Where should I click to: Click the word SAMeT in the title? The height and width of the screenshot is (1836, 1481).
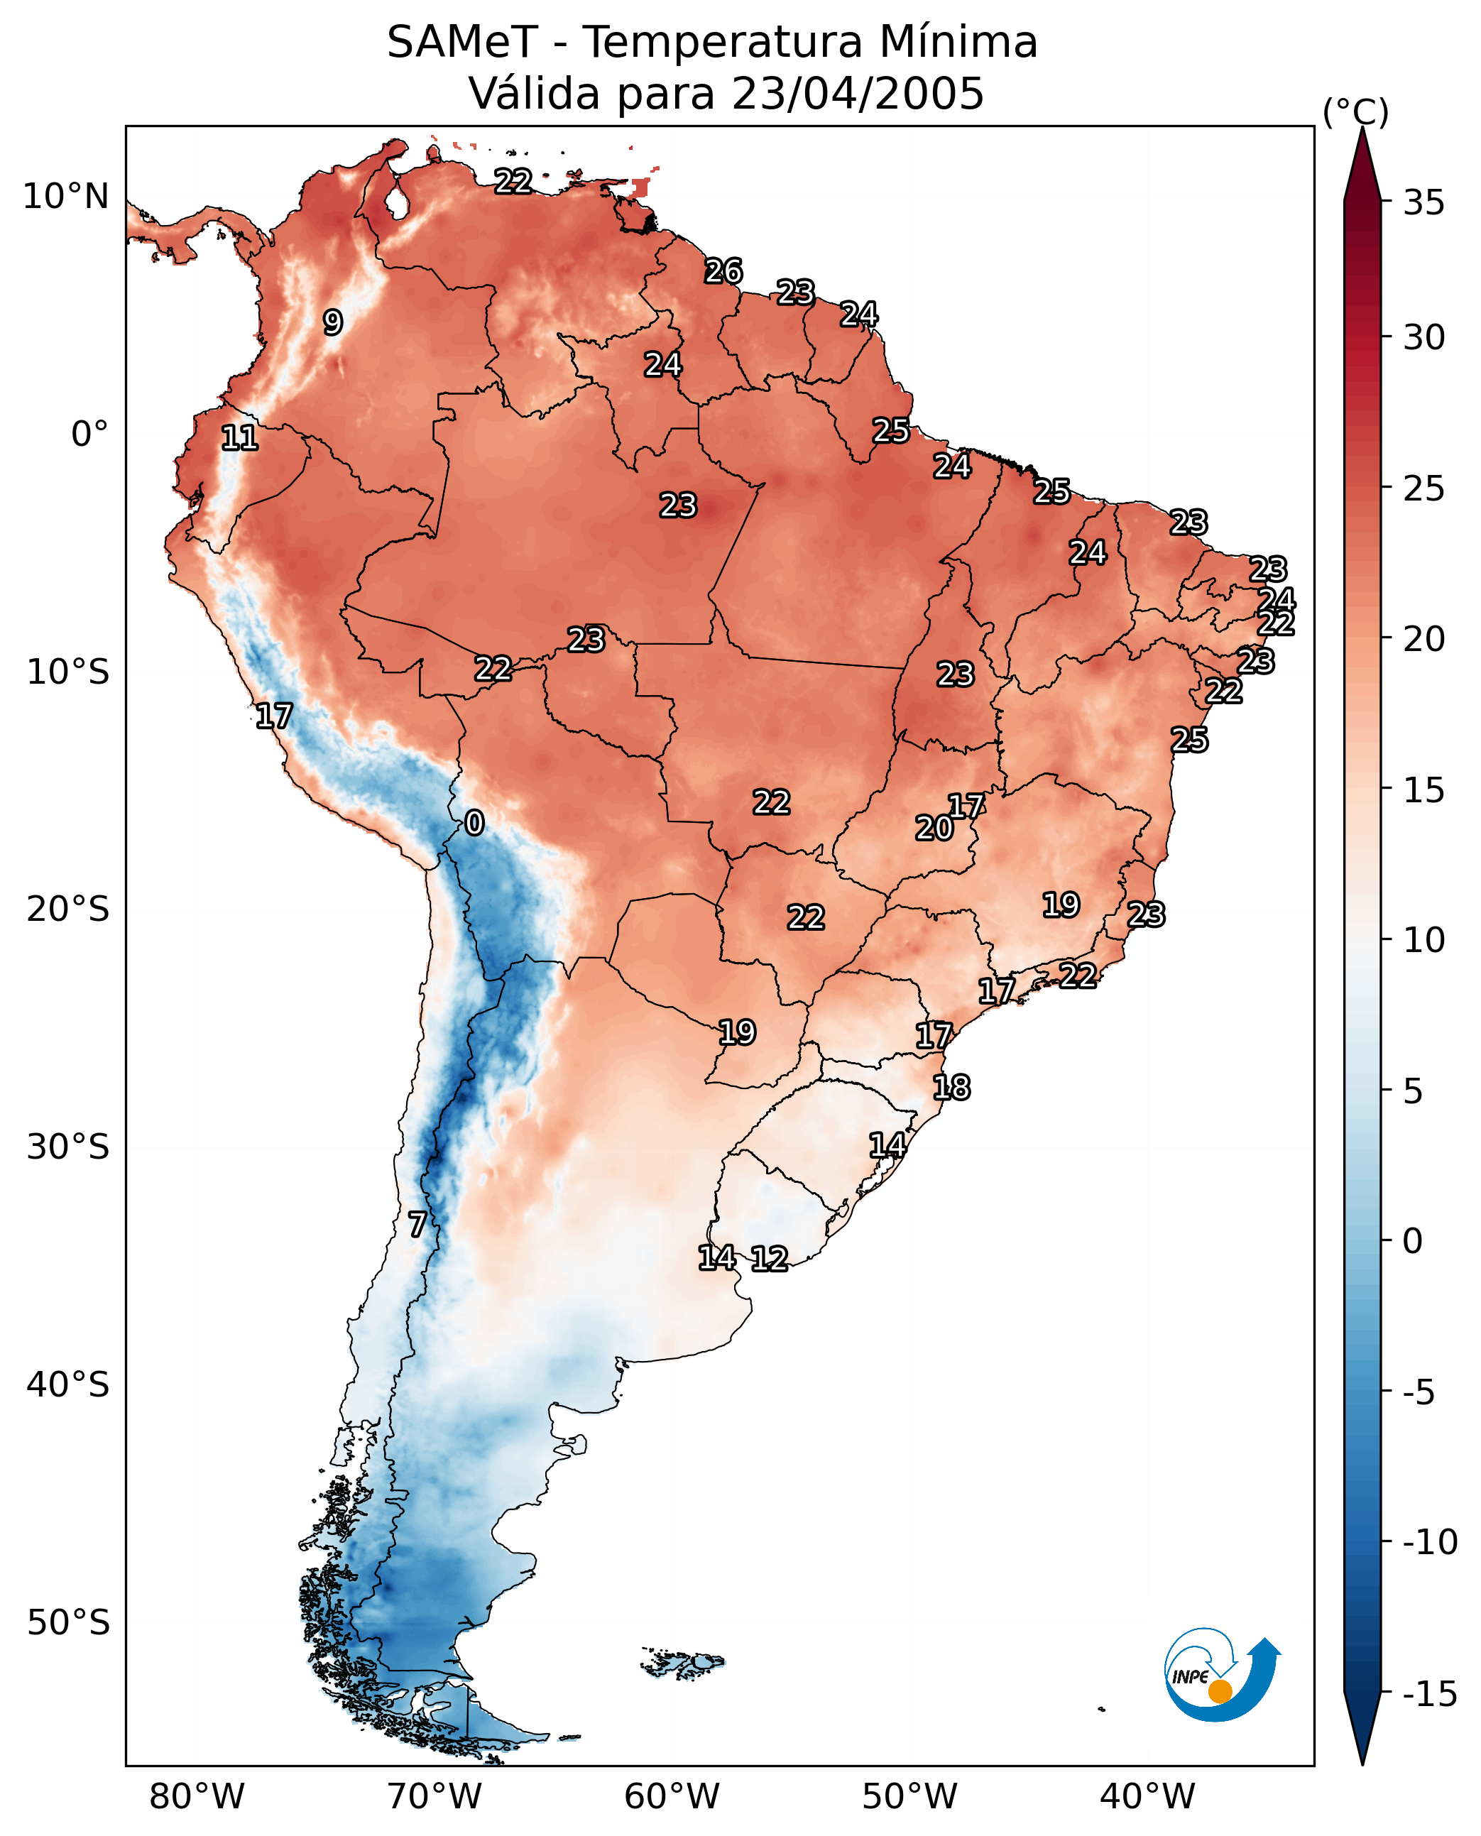462,42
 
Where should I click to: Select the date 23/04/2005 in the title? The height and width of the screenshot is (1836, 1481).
858,93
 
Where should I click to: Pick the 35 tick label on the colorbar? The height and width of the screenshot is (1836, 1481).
1423,203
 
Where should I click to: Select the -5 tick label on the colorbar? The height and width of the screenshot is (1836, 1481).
1419,1392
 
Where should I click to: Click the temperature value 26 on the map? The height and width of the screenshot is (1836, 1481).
723,271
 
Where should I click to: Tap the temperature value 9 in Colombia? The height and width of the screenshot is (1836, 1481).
333,322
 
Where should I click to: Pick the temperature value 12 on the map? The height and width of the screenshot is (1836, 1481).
769,1258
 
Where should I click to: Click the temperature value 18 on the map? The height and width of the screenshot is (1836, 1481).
951,1087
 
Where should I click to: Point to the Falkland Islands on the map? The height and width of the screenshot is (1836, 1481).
682,1663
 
